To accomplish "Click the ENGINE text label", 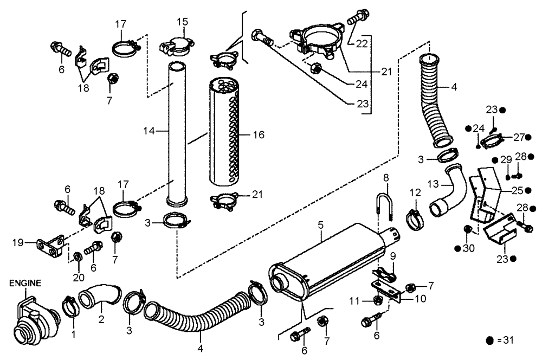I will [24, 282].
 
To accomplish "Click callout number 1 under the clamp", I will [74, 336].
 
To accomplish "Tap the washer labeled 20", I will [78, 255].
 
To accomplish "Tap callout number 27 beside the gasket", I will [519, 137].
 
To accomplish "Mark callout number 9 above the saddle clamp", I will [392, 256].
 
